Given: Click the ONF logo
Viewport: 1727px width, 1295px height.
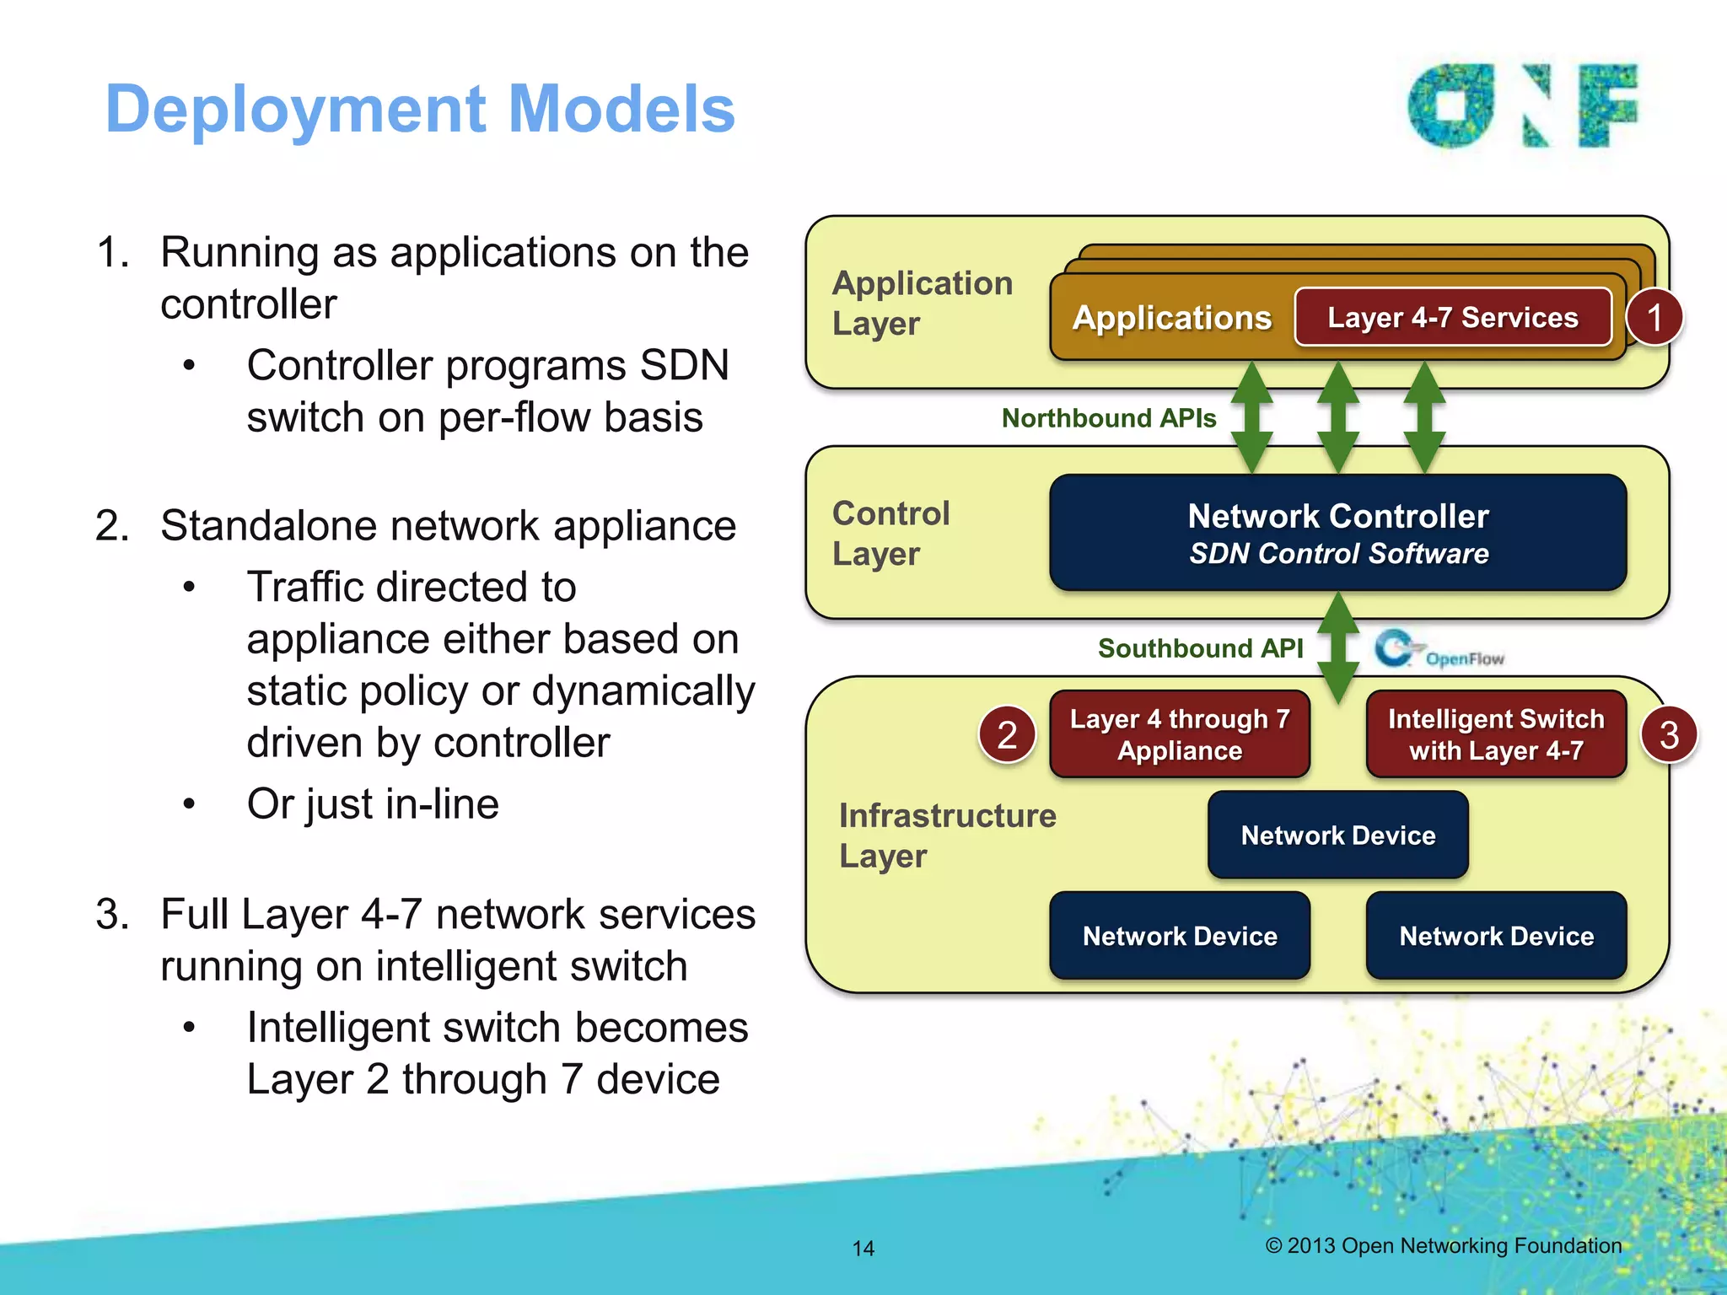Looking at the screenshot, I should coord(1522,106).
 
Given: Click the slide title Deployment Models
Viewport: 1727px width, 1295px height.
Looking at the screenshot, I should coord(420,110).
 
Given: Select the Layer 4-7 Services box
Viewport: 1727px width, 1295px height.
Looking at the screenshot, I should coord(1452,317).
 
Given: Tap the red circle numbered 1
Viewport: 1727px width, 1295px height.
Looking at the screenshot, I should coord(1654,318).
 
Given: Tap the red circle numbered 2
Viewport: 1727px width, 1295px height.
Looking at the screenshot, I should coord(1007,734).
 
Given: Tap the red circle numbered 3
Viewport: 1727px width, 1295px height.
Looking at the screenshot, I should coord(1669,734).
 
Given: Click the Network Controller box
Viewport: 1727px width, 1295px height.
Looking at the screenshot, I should coord(1337,533).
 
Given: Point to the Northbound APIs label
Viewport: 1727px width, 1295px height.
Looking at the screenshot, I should coord(1108,418).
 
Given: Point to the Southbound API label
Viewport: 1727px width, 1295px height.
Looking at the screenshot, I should coord(1200,648).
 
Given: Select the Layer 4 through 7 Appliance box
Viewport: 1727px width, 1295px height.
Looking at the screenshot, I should coord(1179,734).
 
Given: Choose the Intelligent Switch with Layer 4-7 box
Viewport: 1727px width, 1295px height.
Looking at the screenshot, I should coord(1495,734).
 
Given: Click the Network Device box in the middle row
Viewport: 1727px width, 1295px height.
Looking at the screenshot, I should coord(1337,835).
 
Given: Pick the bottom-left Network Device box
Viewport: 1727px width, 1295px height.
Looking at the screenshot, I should coord(1179,936).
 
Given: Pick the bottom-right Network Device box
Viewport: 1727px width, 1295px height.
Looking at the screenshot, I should coord(1495,936).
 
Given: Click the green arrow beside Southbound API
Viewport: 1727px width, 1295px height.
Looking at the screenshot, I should coord(1338,648).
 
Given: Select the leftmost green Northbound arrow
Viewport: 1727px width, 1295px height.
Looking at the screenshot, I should coord(1252,417).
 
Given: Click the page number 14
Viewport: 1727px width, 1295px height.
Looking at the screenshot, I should coord(863,1249).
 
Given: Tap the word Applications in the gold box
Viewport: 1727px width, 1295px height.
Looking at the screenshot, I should coord(1171,318).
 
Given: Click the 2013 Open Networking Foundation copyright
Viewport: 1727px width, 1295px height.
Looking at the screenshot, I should coord(1443,1245).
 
